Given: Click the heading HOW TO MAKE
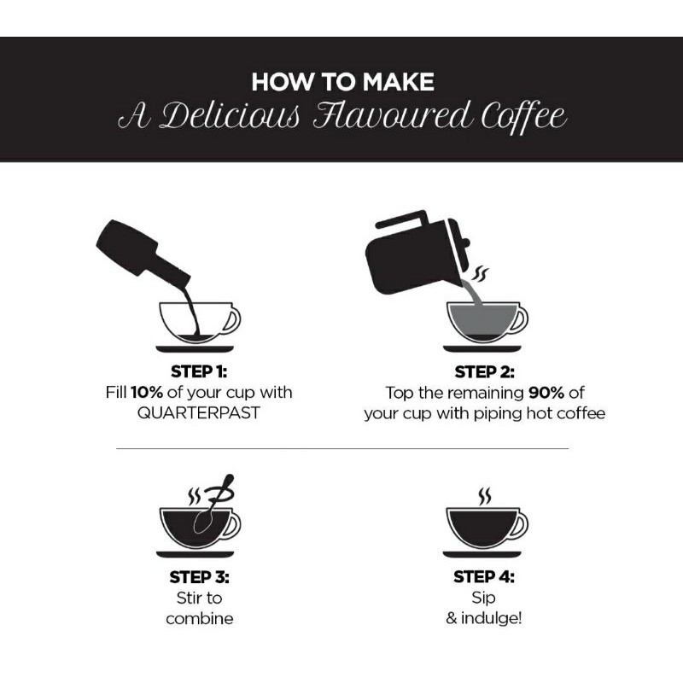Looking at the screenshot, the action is coord(343,81).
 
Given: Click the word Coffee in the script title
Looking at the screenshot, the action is coord(524,116).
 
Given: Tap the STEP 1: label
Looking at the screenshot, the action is coord(199,371).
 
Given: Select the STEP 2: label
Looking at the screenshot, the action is coord(484,371).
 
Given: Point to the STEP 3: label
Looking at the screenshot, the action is coord(199,577).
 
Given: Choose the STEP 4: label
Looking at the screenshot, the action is coord(483,576).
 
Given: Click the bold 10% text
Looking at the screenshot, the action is coord(147,392).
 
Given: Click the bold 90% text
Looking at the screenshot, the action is coord(546,393).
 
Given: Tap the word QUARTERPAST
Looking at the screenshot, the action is coord(199,412).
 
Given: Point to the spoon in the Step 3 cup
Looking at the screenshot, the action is coord(212,505).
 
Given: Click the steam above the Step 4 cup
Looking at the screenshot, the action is coord(484,496).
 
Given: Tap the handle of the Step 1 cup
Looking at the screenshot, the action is coord(233,320).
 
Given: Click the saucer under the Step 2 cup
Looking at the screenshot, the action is coord(482,348).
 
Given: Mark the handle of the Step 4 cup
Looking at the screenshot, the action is coord(520,526).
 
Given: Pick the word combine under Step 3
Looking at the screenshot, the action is coord(200,618).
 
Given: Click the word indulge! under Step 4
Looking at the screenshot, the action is coord(492,617).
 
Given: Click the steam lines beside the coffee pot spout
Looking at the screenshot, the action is coord(481,274).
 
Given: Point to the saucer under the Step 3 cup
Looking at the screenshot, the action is coord(196,554).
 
